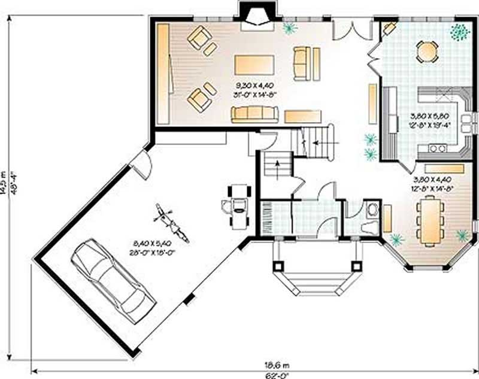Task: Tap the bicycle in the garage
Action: (x=170, y=223)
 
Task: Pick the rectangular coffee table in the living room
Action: (x=254, y=64)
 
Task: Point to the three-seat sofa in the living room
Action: (x=254, y=114)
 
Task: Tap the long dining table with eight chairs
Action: (x=431, y=222)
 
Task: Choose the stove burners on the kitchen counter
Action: (x=436, y=148)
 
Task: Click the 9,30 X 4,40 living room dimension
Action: (x=253, y=86)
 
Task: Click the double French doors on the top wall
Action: (x=349, y=27)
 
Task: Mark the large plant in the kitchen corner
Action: (x=459, y=32)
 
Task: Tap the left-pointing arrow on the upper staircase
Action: (x=315, y=144)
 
